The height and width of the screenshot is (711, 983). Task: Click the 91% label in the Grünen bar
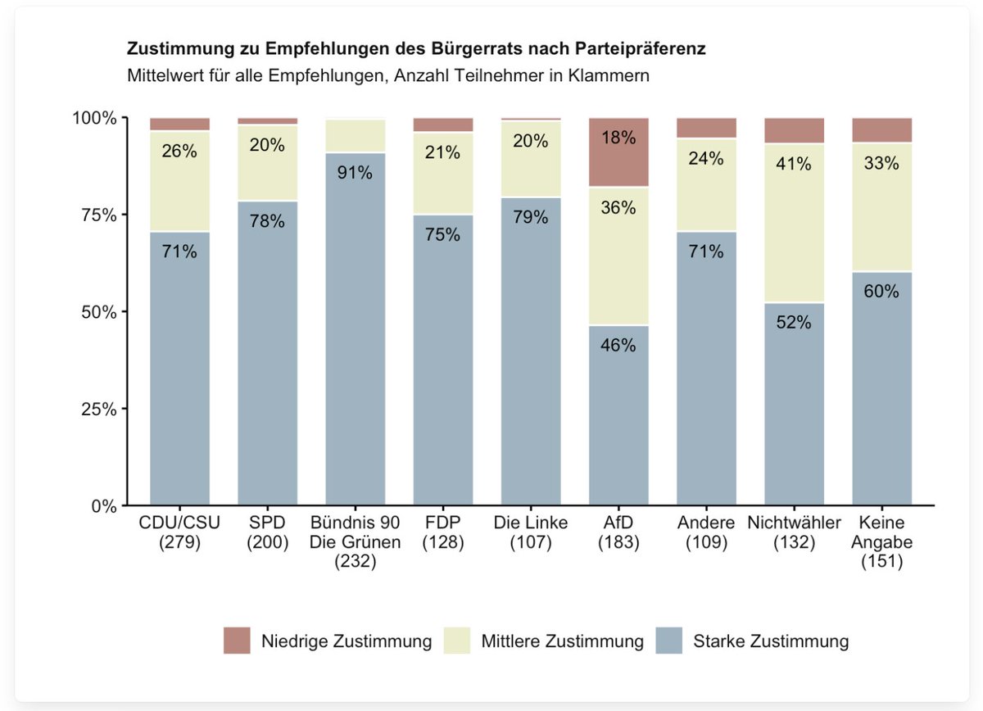[355, 173]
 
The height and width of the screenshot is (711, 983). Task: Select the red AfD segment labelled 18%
[618, 152]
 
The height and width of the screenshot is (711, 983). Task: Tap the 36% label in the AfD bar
[618, 207]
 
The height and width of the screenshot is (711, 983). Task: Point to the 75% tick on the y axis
[125, 215]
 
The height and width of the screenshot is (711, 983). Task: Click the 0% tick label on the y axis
[104, 506]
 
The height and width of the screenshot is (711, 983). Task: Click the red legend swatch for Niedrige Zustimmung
[237, 641]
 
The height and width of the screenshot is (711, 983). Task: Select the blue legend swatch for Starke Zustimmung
[668, 641]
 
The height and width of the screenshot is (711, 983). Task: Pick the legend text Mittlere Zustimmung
[562, 641]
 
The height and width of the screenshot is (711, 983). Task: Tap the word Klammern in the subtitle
[608, 75]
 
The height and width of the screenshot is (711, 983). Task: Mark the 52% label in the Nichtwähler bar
[794, 322]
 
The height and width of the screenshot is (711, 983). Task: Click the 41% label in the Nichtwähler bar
[794, 164]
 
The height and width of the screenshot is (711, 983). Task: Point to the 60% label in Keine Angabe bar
[881, 291]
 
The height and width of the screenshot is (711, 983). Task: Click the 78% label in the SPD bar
[267, 221]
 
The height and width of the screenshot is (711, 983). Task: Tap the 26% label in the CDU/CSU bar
[179, 151]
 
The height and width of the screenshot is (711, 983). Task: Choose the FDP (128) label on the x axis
[443, 532]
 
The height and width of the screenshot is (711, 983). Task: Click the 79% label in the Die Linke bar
[531, 217]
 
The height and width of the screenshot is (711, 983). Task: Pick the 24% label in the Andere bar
[705, 158]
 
